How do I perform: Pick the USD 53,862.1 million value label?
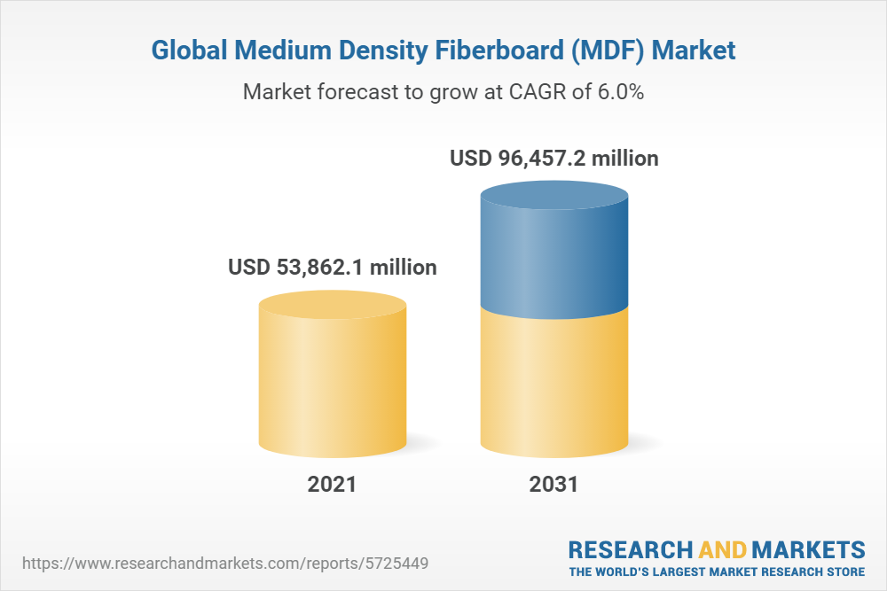click(333, 267)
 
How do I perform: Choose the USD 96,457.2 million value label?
click(554, 159)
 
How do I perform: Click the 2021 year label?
click(332, 485)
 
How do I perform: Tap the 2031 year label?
click(553, 485)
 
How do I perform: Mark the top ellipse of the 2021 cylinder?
click(333, 306)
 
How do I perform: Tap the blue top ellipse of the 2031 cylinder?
click(553, 198)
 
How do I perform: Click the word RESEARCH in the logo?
click(627, 548)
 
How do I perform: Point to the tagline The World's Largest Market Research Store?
click(717, 572)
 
